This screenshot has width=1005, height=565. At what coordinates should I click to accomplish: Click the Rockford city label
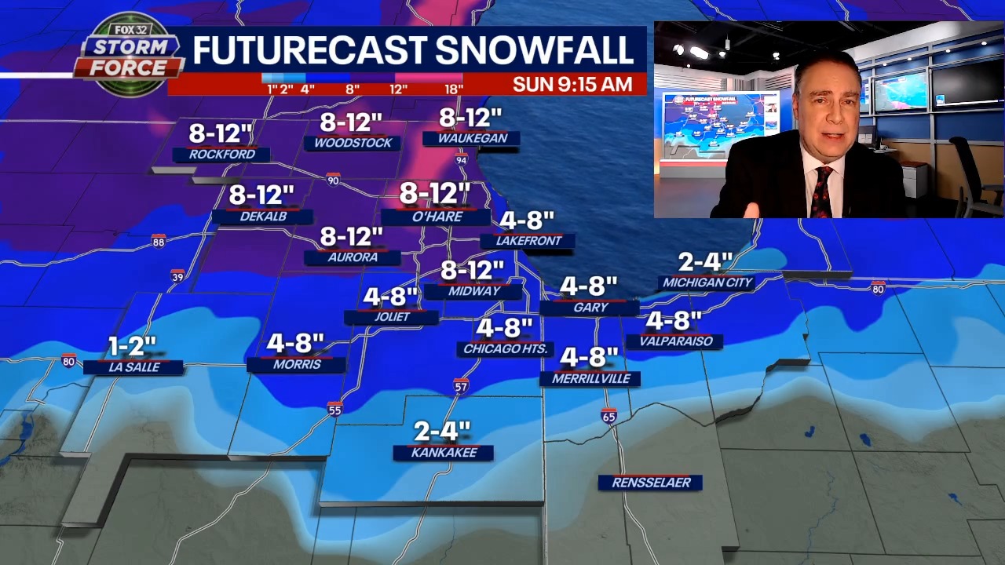click(x=221, y=155)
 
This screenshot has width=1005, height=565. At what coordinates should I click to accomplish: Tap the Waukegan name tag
click(x=472, y=138)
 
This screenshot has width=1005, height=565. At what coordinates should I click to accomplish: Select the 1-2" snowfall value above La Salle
click(x=132, y=345)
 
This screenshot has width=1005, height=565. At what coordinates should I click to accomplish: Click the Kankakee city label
click(x=444, y=453)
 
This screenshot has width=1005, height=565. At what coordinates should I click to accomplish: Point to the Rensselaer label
click(x=651, y=483)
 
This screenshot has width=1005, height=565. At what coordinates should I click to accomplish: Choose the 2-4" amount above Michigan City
click(x=707, y=261)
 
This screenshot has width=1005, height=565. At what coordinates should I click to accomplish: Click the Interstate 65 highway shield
click(x=608, y=415)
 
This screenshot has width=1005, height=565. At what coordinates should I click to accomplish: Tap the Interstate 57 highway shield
click(x=461, y=386)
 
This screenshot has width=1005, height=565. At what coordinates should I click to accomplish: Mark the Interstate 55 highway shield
click(x=335, y=409)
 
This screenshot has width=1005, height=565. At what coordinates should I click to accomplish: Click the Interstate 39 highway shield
click(x=177, y=275)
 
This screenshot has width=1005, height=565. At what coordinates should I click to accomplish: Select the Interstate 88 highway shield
click(x=159, y=241)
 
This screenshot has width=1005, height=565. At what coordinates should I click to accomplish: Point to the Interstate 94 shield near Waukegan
click(x=461, y=160)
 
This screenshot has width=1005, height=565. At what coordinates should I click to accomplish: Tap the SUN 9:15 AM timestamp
click(x=572, y=85)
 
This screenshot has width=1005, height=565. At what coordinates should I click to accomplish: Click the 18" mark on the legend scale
click(x=453, y=89)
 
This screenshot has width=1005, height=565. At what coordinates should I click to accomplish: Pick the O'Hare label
click(x=435, y=217)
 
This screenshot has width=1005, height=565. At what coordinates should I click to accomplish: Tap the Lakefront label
click(x=528, y=241)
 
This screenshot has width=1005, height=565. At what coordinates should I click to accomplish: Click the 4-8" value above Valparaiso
click(x=674, y=320)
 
